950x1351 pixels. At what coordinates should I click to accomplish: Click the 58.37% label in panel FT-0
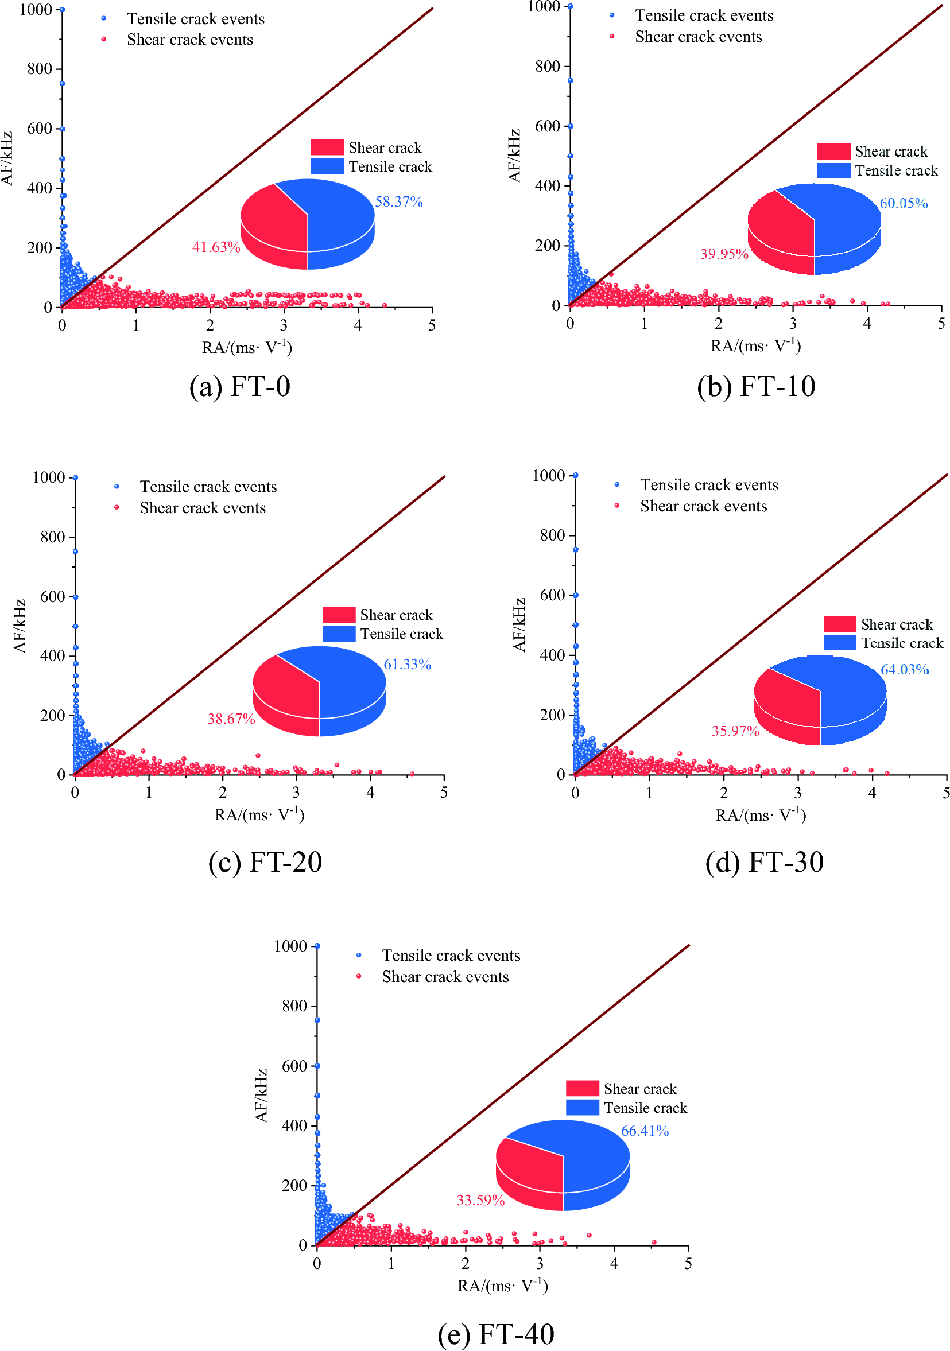point(398,202)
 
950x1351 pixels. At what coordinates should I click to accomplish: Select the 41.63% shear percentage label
point(216,247)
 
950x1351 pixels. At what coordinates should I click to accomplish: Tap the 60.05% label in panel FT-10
point(903,204)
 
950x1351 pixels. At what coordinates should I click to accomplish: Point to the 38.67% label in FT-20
point(231,719)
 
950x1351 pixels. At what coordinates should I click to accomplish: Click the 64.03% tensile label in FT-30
point(904,669)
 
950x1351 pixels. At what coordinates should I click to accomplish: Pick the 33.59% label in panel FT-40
point(480,1201)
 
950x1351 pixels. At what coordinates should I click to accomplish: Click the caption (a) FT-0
point(239,387)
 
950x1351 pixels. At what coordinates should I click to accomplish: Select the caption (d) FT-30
point(764,862)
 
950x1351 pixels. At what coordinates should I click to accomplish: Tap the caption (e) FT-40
point(495,1334)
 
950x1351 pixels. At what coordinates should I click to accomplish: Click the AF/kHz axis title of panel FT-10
point(514,156)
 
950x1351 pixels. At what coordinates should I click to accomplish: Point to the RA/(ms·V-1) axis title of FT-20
point(259,815)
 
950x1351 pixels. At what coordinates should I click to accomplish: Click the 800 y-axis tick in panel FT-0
point(40,69)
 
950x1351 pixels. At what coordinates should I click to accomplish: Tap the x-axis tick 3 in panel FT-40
point(539,1263)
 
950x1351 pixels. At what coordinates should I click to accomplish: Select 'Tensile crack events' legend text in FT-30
point(709,485)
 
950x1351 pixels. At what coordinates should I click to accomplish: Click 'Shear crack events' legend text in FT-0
point(189,40)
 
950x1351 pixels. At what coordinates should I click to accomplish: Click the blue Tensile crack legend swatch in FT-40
point(582,1108)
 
